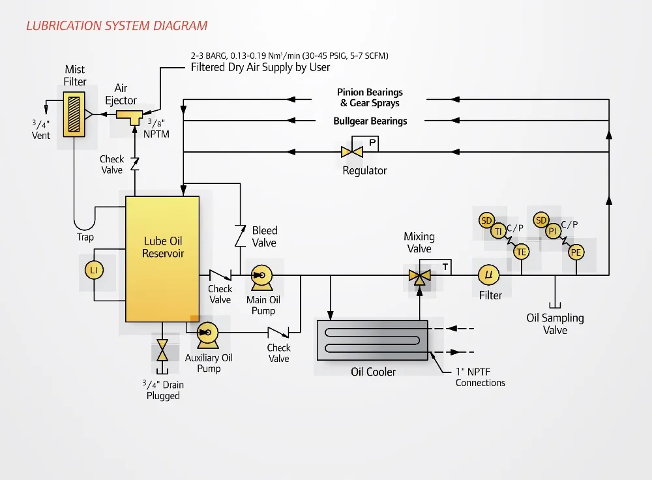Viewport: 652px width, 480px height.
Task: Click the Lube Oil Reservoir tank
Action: point(162,258)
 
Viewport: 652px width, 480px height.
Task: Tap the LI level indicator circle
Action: point(95,269)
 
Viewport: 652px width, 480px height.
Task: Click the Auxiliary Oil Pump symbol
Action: point(207,332)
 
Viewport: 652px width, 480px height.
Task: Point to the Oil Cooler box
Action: point(372,339)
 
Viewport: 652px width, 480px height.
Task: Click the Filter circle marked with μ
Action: point(489,275)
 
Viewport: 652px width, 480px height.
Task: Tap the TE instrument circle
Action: point(521,252)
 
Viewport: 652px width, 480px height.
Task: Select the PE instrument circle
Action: point(576,252)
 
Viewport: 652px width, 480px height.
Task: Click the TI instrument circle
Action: point(499,231)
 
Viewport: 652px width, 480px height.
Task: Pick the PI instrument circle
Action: point(553,231)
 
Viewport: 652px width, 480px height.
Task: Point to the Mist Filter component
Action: point(74,113)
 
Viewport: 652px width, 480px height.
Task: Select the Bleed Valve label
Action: point(264,236)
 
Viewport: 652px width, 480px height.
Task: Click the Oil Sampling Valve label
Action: point(555,323)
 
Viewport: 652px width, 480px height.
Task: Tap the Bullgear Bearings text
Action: point(370,121)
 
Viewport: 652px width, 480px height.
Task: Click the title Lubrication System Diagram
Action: point(117,26)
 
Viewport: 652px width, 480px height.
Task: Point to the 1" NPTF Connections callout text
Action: point(480,377)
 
